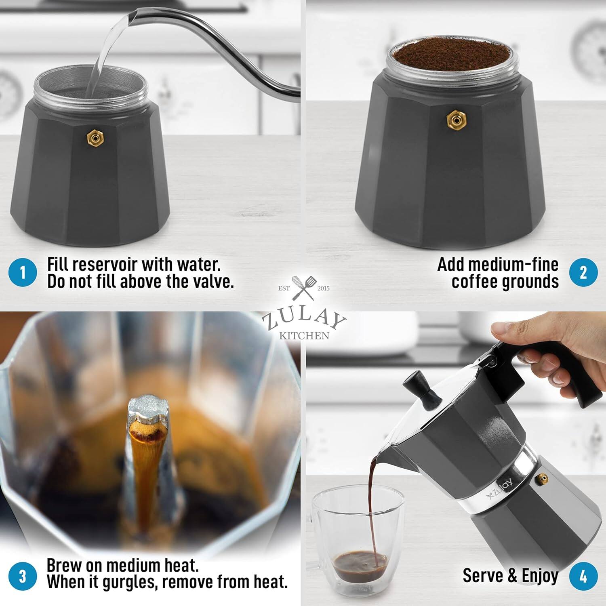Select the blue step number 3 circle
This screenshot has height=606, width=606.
point(23,576)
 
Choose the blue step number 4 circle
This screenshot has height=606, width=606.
point(583,576)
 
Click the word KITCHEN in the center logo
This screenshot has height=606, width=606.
point(304,335)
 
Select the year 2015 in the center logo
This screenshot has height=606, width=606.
point(323,288)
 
